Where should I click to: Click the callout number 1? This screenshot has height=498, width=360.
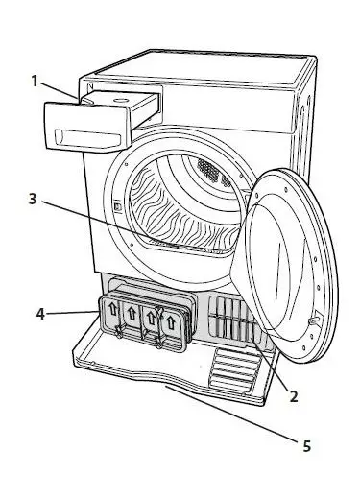[x=35, y=82]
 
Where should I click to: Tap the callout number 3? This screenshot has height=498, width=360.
[x=33, y=200]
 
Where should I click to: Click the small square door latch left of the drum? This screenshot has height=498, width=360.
[x=116, y=205]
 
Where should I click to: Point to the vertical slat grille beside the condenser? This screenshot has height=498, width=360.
[x=233, y=320]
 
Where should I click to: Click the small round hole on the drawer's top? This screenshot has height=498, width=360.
[x=128, y=96]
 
